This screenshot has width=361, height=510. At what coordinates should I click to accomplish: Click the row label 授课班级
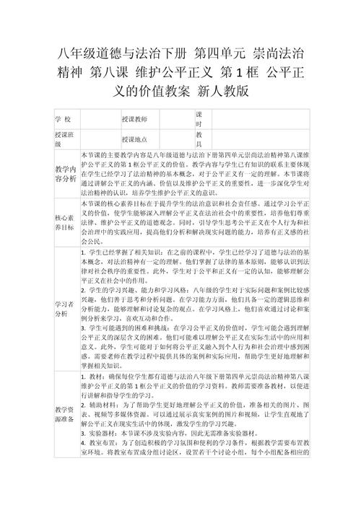pos(64,139)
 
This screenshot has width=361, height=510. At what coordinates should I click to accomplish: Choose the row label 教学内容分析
pos(64,174)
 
